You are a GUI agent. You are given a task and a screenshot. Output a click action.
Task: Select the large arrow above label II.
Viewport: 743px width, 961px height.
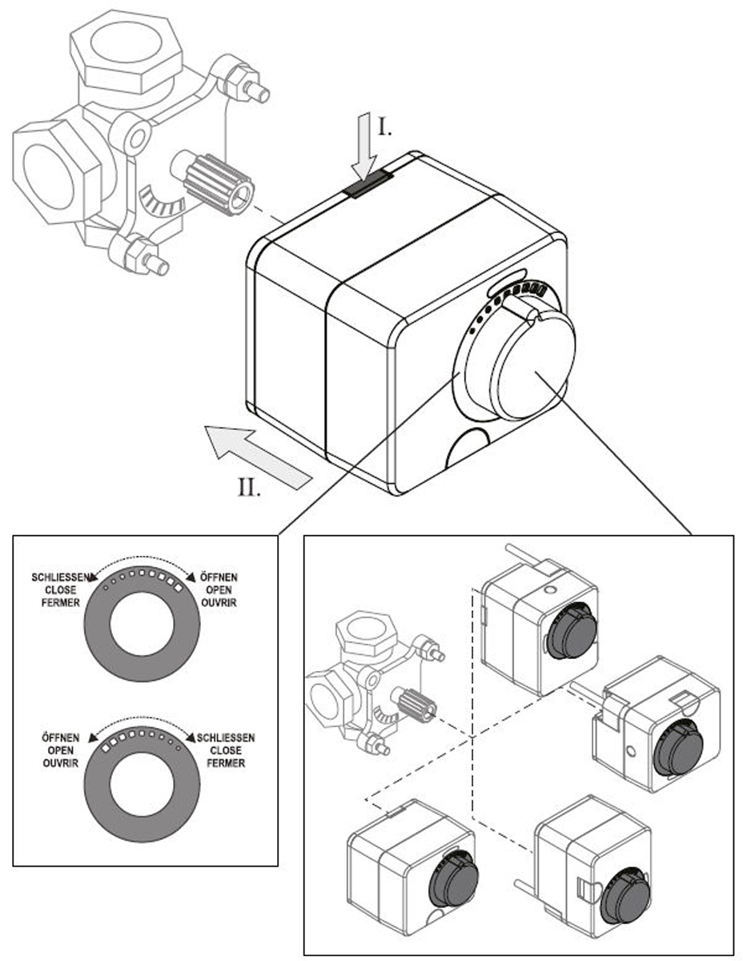258,456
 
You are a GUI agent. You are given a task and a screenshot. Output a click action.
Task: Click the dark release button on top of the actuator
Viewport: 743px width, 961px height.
367,185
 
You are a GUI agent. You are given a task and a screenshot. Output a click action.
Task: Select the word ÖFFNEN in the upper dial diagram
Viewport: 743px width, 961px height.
219,577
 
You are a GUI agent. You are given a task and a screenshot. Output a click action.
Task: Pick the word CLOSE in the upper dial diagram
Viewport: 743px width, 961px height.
61,590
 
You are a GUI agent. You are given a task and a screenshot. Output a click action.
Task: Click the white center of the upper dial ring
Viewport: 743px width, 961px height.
142,624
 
